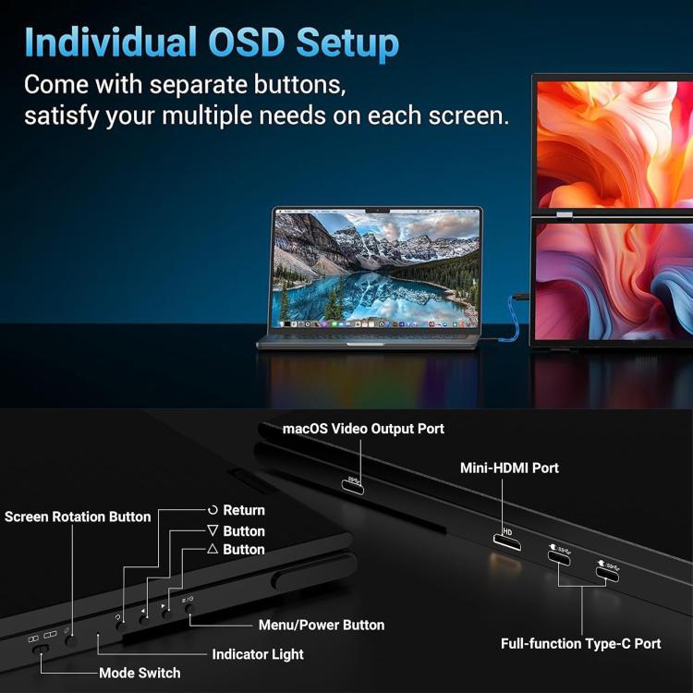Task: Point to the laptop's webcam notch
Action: click(376, 212)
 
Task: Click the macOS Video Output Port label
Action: click(363, 429)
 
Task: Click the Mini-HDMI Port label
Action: click(509, 468)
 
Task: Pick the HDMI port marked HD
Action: click(506, 537)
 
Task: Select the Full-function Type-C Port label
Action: click(581, 643)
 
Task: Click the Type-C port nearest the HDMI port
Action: click(559, 556)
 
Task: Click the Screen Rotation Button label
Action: click(78, 517)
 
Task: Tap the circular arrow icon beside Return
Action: click(213, 510)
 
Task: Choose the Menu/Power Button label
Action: click(322, 625)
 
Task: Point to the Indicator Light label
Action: click(258, 654)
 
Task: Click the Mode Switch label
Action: click(140, 673)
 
